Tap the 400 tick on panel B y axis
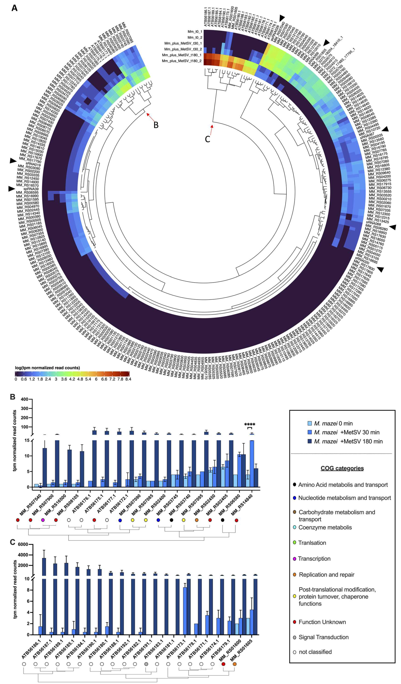click(24, 399)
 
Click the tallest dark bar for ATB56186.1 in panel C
click(44, 584)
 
